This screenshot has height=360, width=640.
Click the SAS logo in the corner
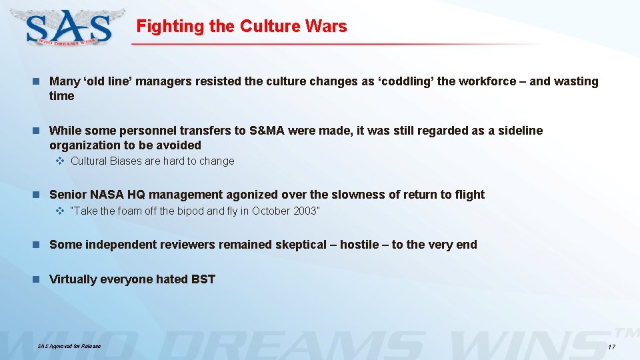[x=69, y=27]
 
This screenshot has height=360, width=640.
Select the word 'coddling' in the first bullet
[x=408, y=81]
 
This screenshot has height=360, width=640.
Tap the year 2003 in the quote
[x=306, y=211]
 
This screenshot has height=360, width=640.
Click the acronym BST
[x=203, y=279]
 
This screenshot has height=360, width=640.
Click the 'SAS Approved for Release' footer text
[x=69, y=347]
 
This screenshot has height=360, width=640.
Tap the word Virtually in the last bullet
[x=73, y=279]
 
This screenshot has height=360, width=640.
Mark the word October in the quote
[x=271, y=211]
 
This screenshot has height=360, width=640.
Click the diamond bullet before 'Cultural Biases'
[x=59, y=161]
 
